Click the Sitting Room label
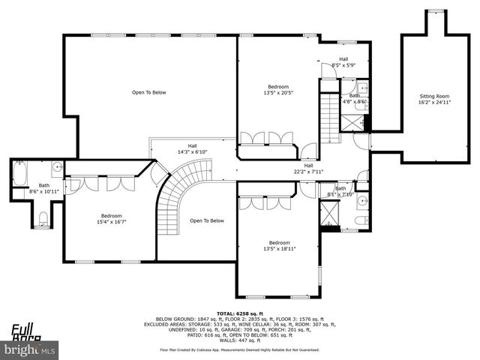(x=434, y=96)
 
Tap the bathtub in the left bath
(x=19, y=177)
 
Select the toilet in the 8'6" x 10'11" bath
(x=43, y=219)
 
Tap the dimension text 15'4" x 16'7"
(x=111, y=221)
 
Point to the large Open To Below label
(x=148, y=92)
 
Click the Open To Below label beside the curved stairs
(x=207, y=220)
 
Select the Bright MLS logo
(x=29, y=349)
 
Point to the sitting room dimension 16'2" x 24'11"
(x=434, y=102)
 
